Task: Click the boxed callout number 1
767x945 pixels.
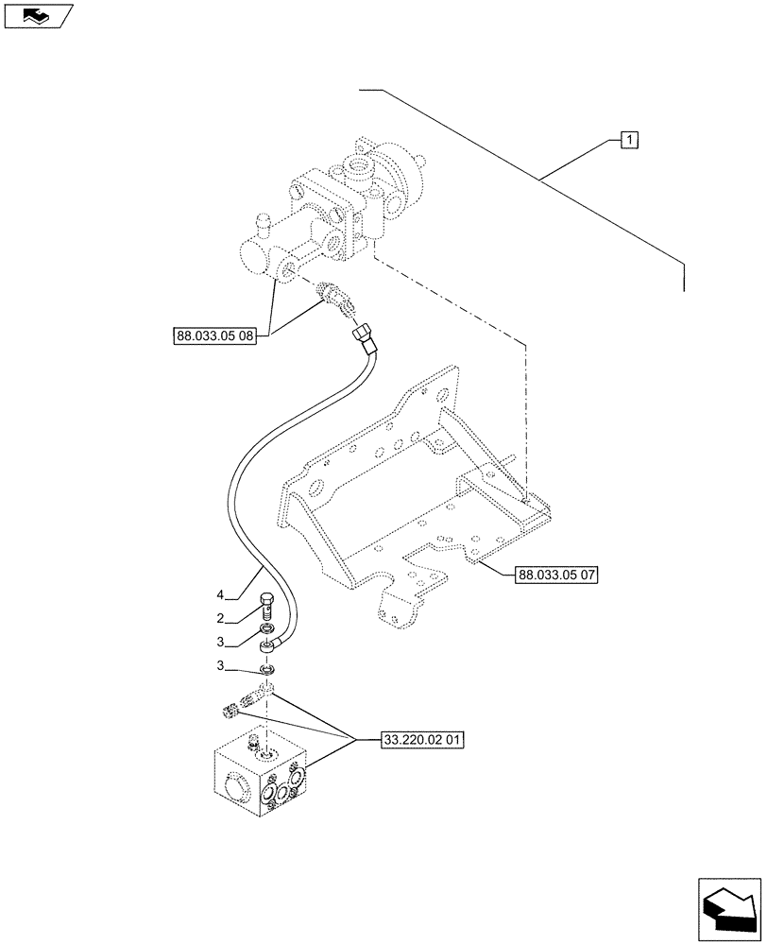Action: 629,141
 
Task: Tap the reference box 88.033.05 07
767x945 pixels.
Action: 558,574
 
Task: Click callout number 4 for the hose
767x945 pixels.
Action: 220,595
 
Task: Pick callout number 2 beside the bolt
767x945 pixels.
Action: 220,618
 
